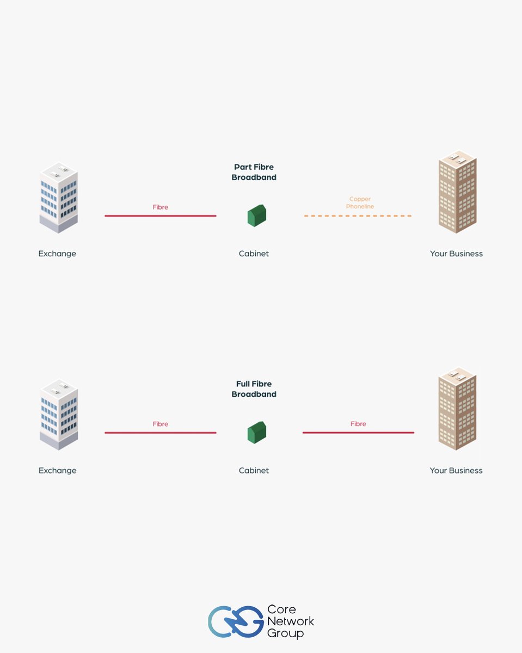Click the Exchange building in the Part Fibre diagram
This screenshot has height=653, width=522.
pyautogui.click(x=59, y=197)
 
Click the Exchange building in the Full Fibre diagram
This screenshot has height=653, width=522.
pyautogui.click(x=59, y=414)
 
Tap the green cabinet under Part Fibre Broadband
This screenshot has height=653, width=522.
pyautogui.click(x=256, y=215)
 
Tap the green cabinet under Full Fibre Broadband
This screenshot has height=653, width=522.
pyautogui.click(x=256, y=432)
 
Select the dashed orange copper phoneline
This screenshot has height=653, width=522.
pyautogui.click(x=358, y=216)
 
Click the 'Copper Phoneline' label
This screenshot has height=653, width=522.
pyautogui.click(x=360, y=203)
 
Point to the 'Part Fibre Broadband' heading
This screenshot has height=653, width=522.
pyautogui.click(x=254, y=172)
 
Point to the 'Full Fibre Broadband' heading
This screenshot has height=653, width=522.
pyautogui.click(x=254, y=389)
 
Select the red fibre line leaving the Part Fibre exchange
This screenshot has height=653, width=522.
pyautogui.click(x=161, y=216)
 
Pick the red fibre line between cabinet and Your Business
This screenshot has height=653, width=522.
pyautogui.click(x=358, y=433)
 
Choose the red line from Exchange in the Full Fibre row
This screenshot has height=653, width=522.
pyautogui.click(x=161, y=433)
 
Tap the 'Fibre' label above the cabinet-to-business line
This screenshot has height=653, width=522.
pyautogui.click(x=358, y=424)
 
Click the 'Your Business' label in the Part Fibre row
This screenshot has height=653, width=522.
pyautogui.click(x=456, y=254)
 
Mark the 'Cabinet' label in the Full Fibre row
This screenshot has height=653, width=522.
pyautogui.click(x=254, y=470)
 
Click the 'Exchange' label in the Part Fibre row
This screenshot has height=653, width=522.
pyautogui.click(x=57, y=254)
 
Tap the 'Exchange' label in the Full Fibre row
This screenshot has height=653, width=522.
pyautogui.click(x=57, y=470)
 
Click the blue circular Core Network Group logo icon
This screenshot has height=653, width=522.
pyautogui.click(x=235, y=621)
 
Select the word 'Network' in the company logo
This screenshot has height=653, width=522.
pyautogui.click(x=290, y=621)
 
